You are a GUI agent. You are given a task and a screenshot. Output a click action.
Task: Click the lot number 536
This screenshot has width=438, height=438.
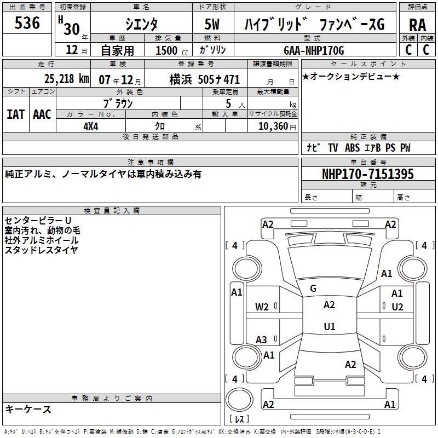pyautogui.click(x=27, y=23)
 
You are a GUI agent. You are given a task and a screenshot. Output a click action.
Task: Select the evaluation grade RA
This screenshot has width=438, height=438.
pyautogui.click(x=417, y=25)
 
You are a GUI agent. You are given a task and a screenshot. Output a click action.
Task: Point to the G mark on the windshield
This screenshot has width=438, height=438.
pyautogui.click(x=313, y=288)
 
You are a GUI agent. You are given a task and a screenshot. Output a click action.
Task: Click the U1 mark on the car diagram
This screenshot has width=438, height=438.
pyautogui.click(x=329, y=326)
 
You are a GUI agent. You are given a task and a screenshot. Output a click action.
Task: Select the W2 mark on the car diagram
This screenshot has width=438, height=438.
pyautogui.click(x=262, y=307)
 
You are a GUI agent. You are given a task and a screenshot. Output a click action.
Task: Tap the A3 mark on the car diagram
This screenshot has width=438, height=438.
pyautogui.click(x=262, y=339)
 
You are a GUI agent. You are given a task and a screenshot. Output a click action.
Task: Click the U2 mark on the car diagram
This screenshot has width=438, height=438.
pyautogui.click(x=397, y=307)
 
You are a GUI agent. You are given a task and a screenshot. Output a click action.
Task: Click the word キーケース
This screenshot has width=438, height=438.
pyautogui.click(x=28, y=409)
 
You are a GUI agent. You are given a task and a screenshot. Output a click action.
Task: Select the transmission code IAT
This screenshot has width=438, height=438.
pyautogui.click(x=15, y=114)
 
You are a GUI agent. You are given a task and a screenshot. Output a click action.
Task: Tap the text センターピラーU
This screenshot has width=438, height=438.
pyautogui.click(x=38, y=220)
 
